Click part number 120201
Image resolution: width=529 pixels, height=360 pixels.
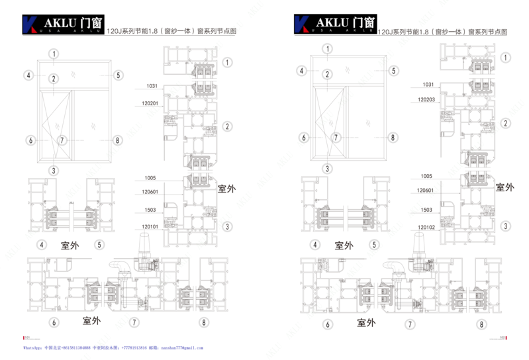tap(150, 103)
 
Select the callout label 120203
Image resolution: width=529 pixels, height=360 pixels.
tap(426, 99)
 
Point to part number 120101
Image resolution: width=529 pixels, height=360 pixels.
tap(150, 226)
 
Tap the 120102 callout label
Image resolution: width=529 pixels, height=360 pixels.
tap(426, 226)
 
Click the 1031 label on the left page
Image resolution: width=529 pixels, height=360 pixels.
tap(152, 86)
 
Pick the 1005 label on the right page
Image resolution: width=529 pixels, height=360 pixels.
tap(426, 176)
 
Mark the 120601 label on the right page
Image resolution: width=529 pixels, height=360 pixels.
tap(426, 191)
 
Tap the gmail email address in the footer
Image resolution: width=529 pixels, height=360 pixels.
tap(181, 347)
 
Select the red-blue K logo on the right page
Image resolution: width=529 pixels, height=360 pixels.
tap(301, 23)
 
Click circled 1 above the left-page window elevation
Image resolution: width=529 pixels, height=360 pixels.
tap(52, 54)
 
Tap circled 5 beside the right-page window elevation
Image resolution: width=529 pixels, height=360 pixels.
tap(393, 71)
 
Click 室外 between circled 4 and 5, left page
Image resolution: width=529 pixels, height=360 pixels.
tap(70, 245)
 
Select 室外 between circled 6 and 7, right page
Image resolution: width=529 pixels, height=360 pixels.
tap(366, 323)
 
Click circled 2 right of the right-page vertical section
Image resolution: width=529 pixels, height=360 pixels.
tap(505, 123)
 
